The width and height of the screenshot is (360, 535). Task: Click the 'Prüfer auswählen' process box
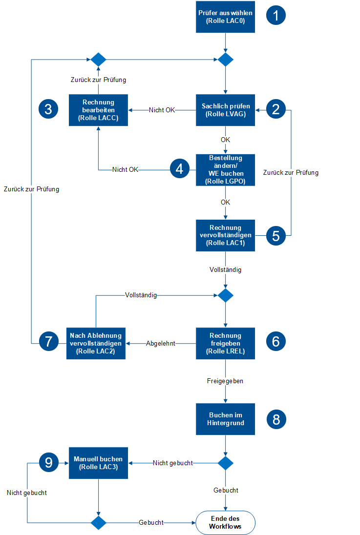tap(225, 17)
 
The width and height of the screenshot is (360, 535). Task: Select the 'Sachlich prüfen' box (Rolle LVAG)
tap(225, 110)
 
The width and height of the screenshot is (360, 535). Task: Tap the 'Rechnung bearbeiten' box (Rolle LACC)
tap(98, 110)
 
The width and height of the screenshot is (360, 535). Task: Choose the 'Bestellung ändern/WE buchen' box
tap(225, 170)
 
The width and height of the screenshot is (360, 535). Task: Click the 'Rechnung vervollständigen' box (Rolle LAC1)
tap(225, 235)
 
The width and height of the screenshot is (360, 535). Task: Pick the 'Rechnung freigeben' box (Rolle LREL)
tap(225, 343)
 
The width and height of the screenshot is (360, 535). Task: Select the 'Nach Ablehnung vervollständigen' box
tap(96, 343)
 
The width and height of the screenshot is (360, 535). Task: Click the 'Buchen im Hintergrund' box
tap(225, 419)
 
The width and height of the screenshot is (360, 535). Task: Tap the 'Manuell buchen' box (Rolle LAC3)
tap(98, 463)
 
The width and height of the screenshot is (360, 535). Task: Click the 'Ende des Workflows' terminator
tap(225, 523)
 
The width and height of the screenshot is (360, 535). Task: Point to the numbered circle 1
tap(276, 16)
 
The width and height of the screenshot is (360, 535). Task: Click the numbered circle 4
tap(180, 169)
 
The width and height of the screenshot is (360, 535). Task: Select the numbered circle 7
tap(48, 342)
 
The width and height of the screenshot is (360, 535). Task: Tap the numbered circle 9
tap(48, 462)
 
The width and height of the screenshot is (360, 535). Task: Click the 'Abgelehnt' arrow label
tap(161, 344)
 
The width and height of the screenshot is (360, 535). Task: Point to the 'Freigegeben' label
tap(225, 381)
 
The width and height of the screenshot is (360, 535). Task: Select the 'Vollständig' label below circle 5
tap(225, 269)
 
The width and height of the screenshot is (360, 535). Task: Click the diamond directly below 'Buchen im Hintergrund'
tap(225, 463)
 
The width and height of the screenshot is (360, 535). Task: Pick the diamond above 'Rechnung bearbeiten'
tap(98, 60)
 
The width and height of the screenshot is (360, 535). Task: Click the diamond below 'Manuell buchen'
tap(98, 523)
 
